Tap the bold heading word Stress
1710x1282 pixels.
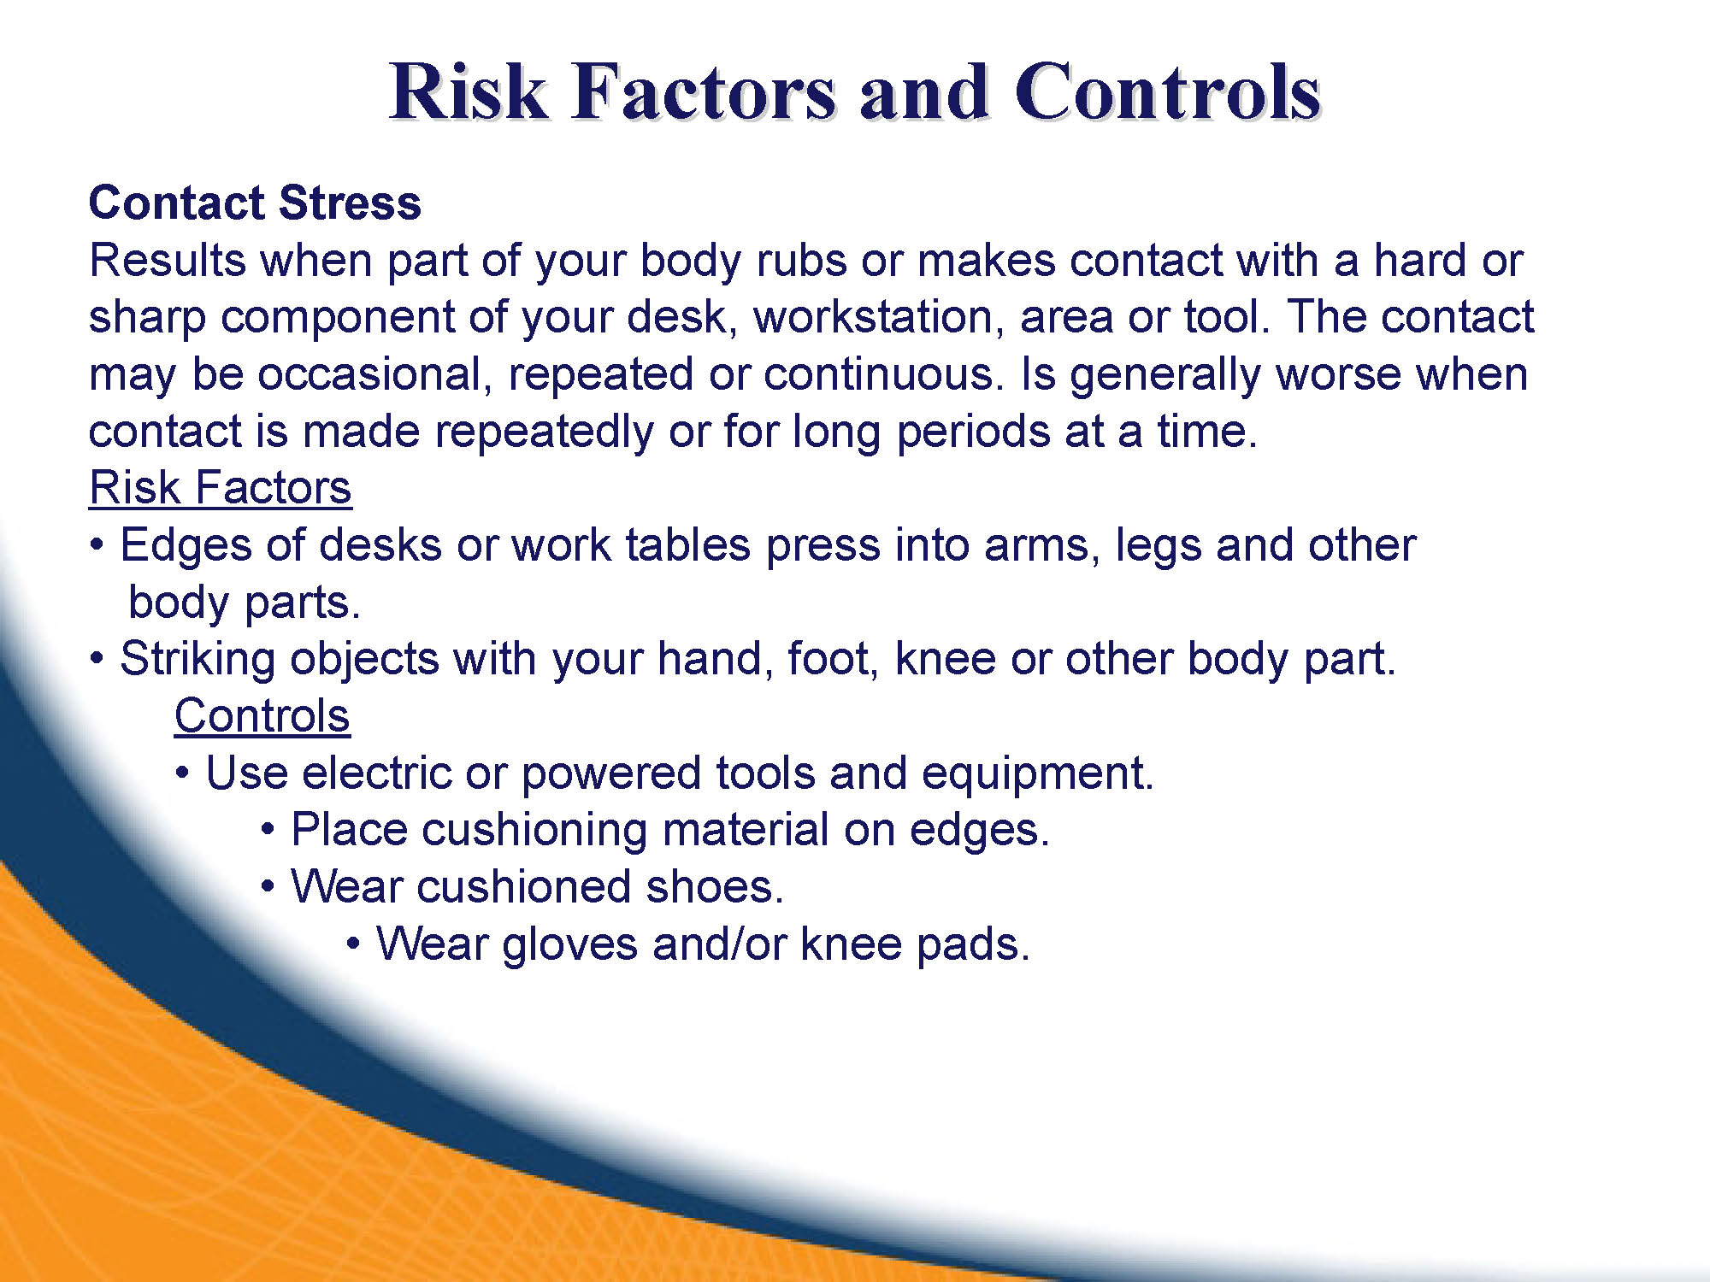coord(350,203)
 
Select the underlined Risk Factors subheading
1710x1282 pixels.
coord(221,488)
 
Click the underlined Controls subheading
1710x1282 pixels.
coord(262,716)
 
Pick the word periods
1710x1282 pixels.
coord(973,432)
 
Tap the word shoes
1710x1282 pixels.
coord(715,887)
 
